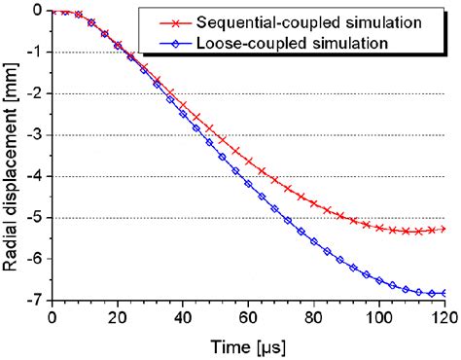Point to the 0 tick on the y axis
click(37, 11)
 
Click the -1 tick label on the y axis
click(34, 53)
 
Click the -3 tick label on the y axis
click(34, 135)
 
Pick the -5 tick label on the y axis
click(34, 218)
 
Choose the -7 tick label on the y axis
click(34, 301)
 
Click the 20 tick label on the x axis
click(118, 317)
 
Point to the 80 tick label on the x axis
click(313, 317)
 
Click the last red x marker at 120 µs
click(443, 229)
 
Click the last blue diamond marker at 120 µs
click(443, 293)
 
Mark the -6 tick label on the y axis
click(34, 259)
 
